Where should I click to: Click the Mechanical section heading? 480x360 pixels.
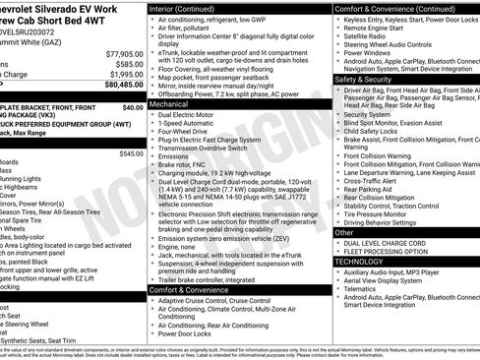pyautogui.click(x=171, y=102)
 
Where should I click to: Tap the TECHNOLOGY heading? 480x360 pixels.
pyautogui.click(x=359, y=262)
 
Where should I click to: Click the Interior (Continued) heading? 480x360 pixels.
pyautogui.click(x=186, y=7)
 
